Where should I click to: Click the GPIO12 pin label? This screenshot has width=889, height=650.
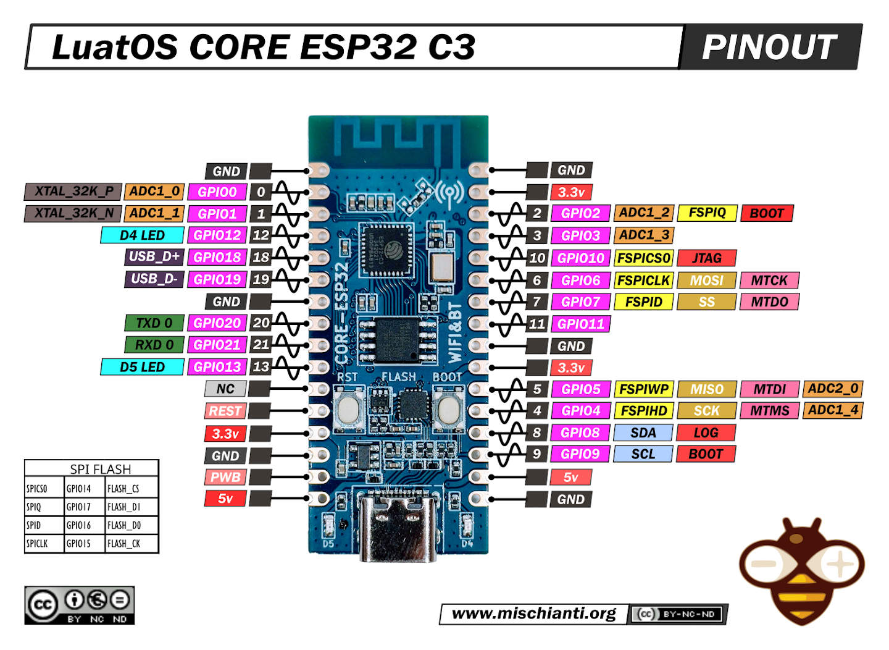click(217, 235)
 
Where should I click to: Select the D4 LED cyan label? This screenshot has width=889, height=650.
click(142, 235)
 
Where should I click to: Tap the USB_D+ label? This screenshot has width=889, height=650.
click(154, 257)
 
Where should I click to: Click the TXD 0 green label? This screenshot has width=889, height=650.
click(154, 323)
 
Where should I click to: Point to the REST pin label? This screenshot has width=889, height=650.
click(225, 411)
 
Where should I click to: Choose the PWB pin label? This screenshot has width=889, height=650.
click(225, 477)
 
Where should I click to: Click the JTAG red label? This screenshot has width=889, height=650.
click(706, 258)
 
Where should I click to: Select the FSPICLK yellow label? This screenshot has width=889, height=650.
click(643, 281)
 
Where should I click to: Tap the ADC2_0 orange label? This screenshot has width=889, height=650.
click(833, 389)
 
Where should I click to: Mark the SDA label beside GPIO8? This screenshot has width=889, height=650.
click(643, 433)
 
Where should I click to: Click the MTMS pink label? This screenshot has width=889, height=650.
click(769, 411)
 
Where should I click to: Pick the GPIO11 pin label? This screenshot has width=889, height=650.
click(580, 324)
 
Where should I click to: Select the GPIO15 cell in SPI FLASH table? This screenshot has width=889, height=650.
click(79, 544)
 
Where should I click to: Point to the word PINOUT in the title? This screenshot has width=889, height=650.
click(769, 47)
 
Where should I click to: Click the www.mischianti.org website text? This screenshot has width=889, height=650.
click(533, 614)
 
